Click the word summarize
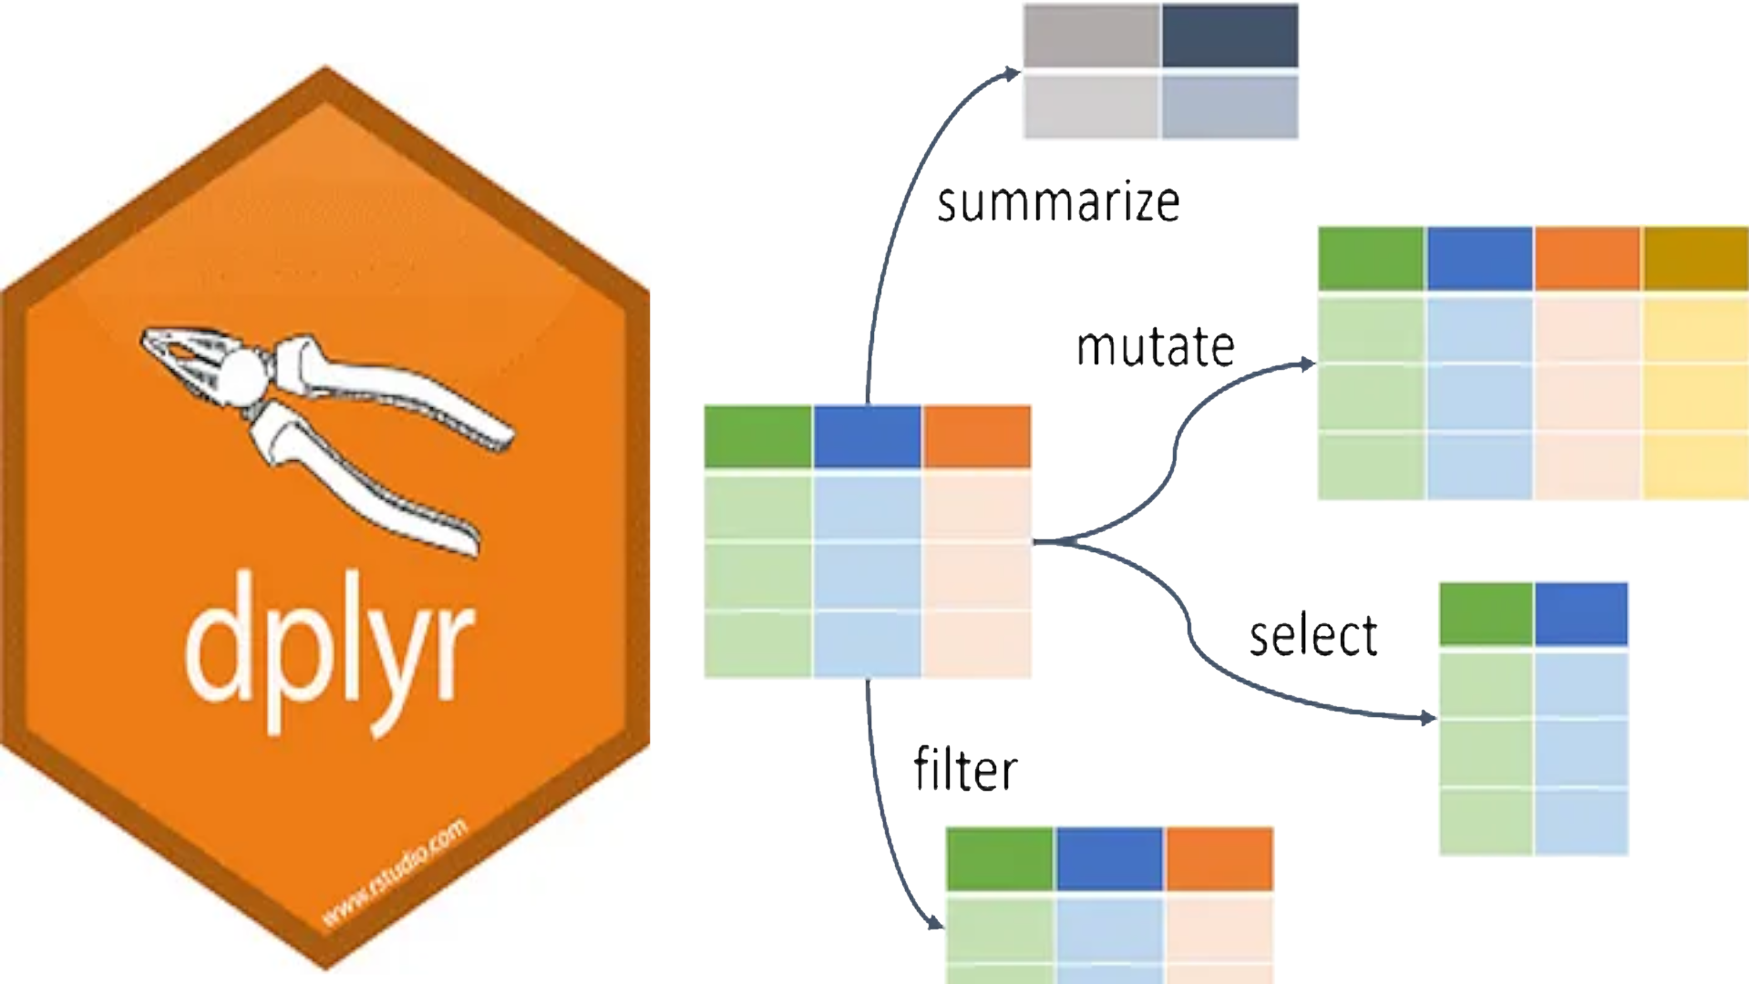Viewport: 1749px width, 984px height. pyautogui.click(x=1058, y=202)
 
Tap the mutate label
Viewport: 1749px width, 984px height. pyautogui.click(x=1155, y=347)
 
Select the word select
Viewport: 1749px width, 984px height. pyautogui.click(x=1312, y=635)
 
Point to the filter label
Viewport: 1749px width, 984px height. pyautogui.click(x=965, y=770)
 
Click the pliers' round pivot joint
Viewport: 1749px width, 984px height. pyautogui.click(x=242, y=376)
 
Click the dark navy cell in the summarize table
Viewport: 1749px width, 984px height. pyautogui.click(x=1229, y=36)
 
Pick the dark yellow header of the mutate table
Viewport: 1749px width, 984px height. pyautogui.click(x=1695, y=259)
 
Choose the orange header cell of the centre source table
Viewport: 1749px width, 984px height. pyautogui.click(x=977, y=437)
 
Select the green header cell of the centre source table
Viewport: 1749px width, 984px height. pyautogui.click(x=757, y=437)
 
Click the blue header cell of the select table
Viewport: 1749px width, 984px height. pyautogui.click(x=1580, y=614)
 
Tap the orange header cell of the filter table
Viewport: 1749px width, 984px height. pyautogui.click(x=1219, y=858)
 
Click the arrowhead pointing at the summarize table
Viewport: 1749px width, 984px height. pyautogui.click(x=1013, y=73)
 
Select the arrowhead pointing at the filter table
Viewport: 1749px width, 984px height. pyautogui.click(x=935, y=923)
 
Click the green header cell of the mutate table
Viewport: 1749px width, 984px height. pyautogui.click(x=1371, y=259)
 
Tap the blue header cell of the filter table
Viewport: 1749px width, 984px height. pyautogui.click(x=1109, y=858)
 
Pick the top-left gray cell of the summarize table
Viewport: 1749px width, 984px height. pyautogui.click(x=1091, y=36)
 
